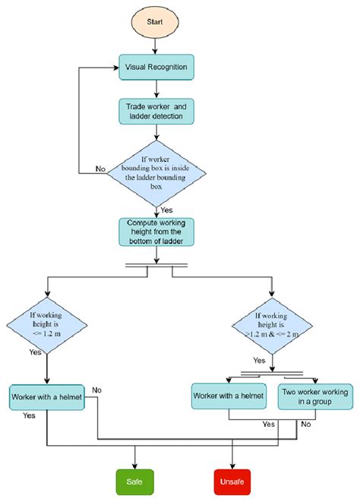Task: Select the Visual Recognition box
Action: [156, 68]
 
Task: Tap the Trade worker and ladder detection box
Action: [156, 112]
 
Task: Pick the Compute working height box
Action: [156, 231]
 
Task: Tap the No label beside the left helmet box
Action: [96, 390]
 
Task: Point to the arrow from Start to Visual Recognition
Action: [156, 47]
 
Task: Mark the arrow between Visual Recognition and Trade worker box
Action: [156, 90]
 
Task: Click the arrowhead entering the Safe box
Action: [135, 466]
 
